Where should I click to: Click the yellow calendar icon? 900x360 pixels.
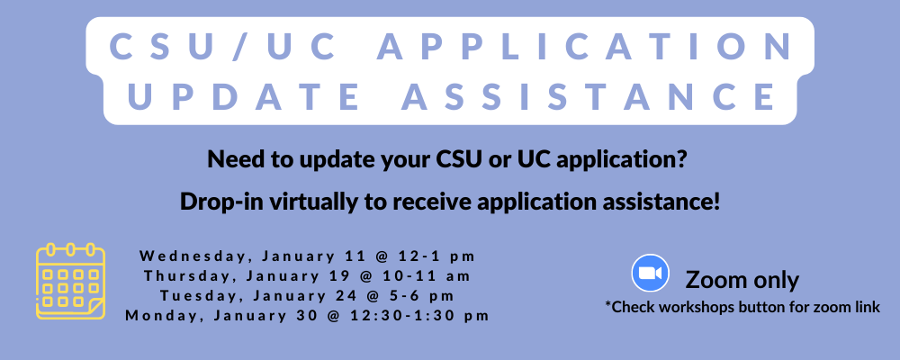(x=70, y=281)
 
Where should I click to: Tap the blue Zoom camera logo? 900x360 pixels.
(x=651, y=273)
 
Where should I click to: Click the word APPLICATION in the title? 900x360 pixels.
(x=585, y=47)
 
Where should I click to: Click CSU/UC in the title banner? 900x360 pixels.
(x=222, y=47)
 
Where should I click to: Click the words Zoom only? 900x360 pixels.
(x=742, y=280)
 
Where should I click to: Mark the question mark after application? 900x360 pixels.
(x=681, y=158)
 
